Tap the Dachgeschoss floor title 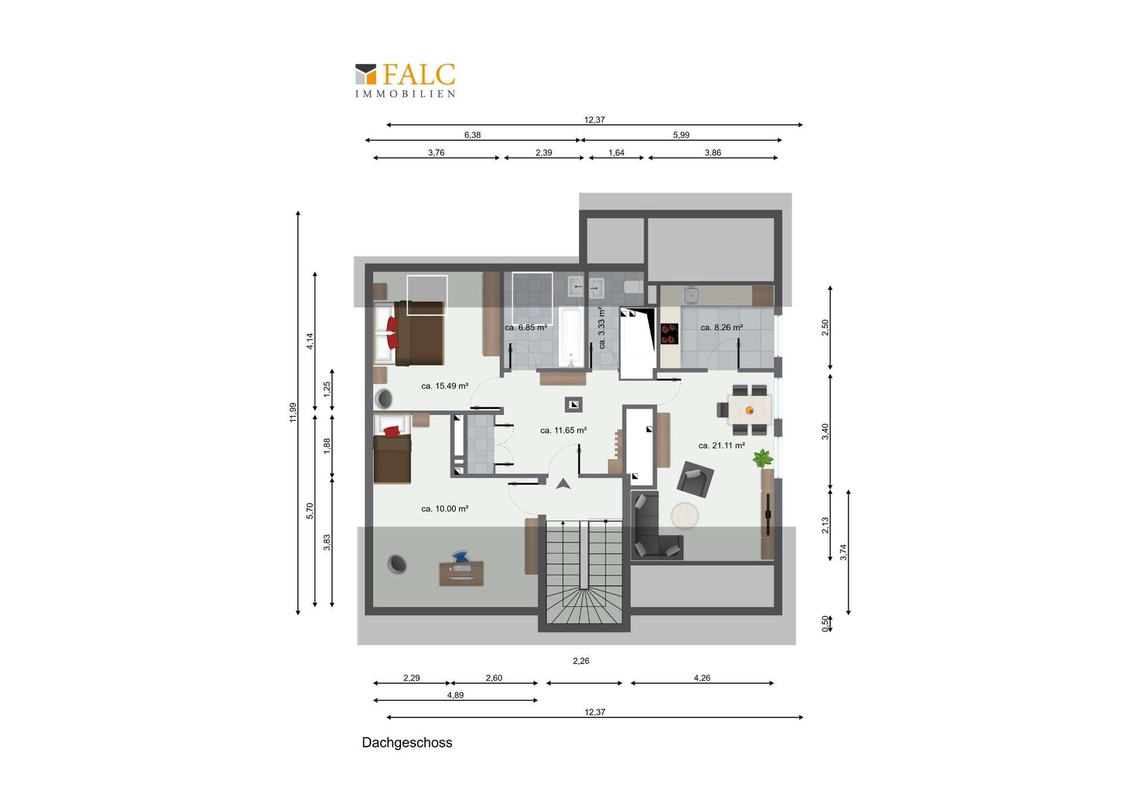pyautogui.click(x=407, y=743)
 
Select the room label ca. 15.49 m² pyautogui.click(x=445, y=386)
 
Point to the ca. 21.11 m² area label pyautogui.click(x=722, y=445)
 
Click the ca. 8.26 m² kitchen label pyautogui.click(x=722, y=327)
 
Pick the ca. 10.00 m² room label pyautogui.click(x=445, y=509)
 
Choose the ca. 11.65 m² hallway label pyautogui.click(x=563, y=430)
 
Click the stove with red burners pyautogui.click(x=669, y=334)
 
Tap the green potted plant pyautogui.click(x=762, y=458)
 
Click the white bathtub pyautogui.click(x=571, y=337)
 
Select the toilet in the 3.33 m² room pyautogui.click(x=633, y=287)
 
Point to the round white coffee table pyautogui.click(x=685, y=516)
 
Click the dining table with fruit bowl pyautogui.click(x=750, y=410)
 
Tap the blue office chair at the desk pyautogui.click(x=461, y=558)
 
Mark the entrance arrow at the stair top pyautogui.click(x=563, y=483)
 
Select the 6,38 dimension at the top pyautogui.click(x=472, y=135)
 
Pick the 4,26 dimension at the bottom pyautogui.click(x=702, y=678)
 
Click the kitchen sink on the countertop pyautogui.click(x=691, y=295)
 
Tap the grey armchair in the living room pyautogui.click(x=695, y=479)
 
